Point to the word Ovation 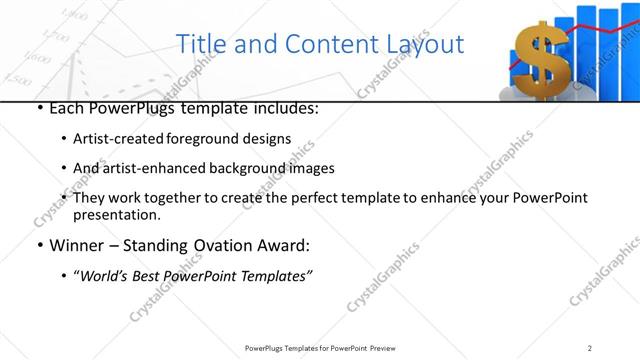coord(219,245)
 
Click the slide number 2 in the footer coord(590,348)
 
